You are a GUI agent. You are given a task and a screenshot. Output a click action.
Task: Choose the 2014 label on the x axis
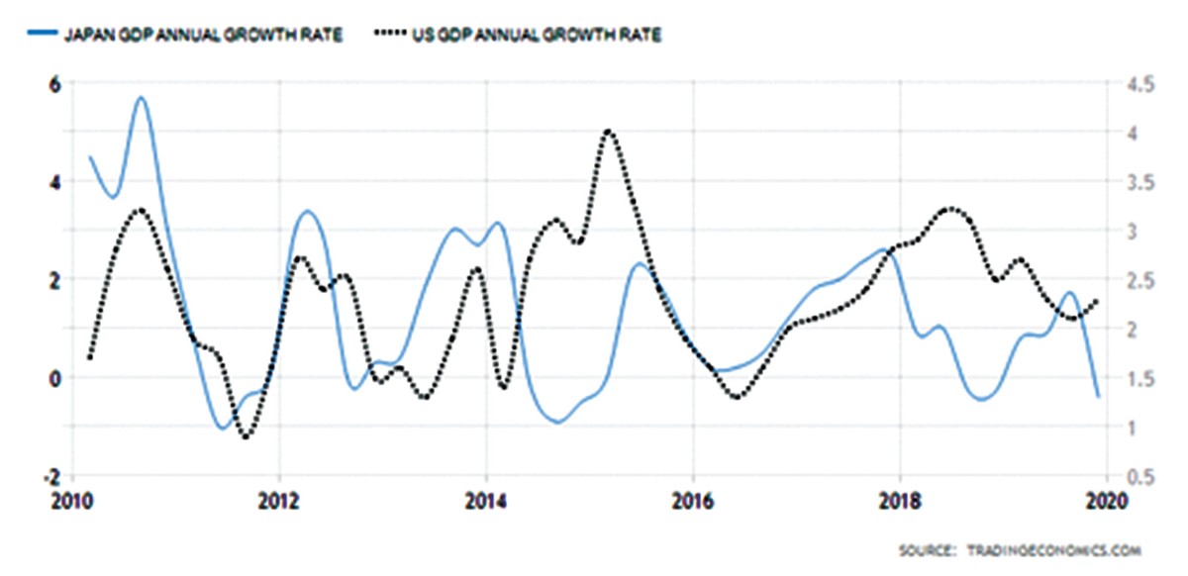(485, 500)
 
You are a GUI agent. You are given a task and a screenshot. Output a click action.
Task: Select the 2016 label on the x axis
(693, 500)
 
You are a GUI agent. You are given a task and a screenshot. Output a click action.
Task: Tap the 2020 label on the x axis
(1104, 500)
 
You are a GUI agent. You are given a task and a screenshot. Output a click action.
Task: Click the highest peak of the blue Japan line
(141, 98)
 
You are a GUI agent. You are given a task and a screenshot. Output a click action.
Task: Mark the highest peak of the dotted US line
(608, 131)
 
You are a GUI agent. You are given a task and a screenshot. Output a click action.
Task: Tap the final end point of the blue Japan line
(1098, 397)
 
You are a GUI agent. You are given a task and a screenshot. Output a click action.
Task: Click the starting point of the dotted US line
(90, 357)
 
